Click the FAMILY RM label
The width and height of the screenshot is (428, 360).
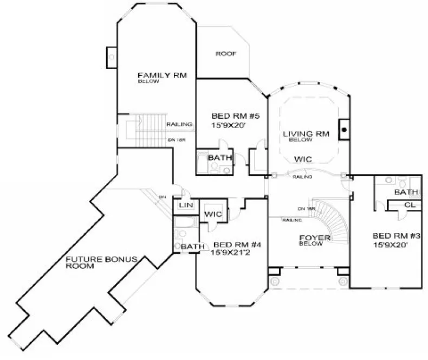coord(162,75)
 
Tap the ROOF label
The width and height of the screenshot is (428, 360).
coord(226,54)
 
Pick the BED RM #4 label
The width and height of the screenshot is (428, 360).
coord(237,245)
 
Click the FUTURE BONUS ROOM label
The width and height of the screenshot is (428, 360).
coord(101,263)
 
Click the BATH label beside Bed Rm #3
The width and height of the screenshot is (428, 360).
coord(406,192)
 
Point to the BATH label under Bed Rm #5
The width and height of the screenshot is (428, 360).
coord(220,158)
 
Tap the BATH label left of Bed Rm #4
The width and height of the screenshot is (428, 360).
coord(192,247)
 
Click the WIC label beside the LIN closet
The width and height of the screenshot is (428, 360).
coord(212,215)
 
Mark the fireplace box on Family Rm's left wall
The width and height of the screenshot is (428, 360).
coord(111,55)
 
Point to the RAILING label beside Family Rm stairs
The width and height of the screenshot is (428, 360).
coord(179,124)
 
